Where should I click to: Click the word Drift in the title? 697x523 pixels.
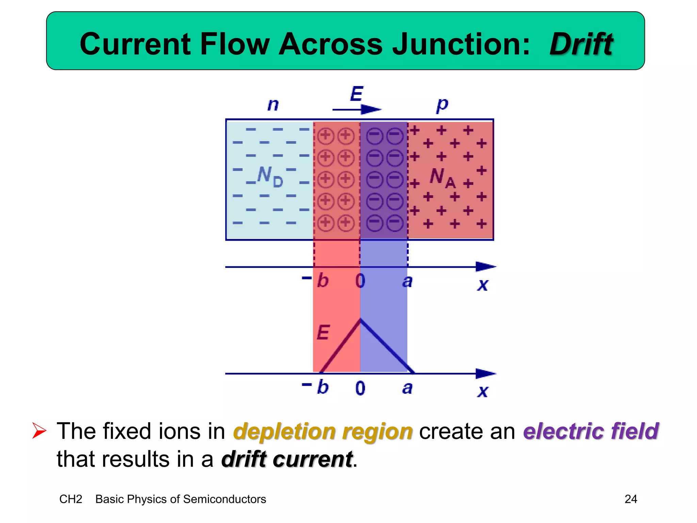click(581, 44)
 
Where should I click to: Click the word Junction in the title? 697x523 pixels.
click(460, 44)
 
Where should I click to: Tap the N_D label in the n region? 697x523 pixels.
click(270, 176)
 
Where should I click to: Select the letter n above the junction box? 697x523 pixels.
click(273, 105)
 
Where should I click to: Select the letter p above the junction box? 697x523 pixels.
click(442, 105)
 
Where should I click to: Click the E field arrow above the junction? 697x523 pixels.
click(357, 109)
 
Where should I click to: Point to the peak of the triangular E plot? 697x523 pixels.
click(360, 320)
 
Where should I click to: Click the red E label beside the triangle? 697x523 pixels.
click(323, 332)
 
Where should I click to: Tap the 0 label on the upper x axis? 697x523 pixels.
click(360, 281)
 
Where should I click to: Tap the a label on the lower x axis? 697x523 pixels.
click(407, 388)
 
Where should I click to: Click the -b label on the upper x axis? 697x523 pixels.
click(317, 281)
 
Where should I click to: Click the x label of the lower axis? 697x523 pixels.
click(483, 391)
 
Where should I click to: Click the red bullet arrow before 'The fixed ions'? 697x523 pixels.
click(39, 431)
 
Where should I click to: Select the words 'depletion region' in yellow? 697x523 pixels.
click(323, 431)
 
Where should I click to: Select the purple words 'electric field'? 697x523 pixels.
click(590, 431)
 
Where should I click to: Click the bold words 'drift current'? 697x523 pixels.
click(287, 459)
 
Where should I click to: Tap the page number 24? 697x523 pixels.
click(631, 499)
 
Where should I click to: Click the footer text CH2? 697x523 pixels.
click(71, 499)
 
